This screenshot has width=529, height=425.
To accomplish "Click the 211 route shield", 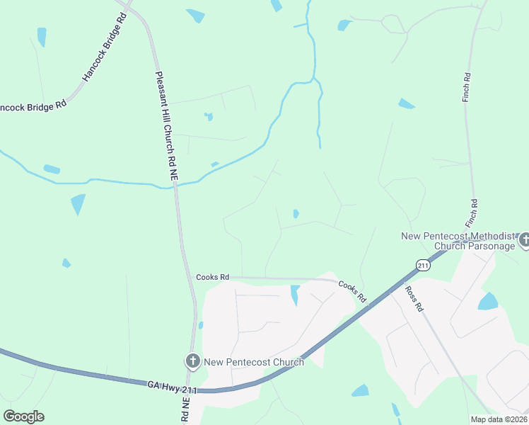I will coord(423,266).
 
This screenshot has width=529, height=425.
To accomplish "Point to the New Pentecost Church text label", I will coord(254,362).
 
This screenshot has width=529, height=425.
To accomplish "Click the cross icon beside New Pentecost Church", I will coord(192,362).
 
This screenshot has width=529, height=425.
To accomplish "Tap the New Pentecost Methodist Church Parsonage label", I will coord(455,241).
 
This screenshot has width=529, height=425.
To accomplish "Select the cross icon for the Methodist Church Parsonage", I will coord(524,241).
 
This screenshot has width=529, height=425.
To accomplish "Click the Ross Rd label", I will coord(414,298).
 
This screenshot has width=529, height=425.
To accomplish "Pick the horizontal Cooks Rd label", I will coord(213,278).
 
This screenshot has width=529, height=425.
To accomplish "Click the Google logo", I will coord(23,416).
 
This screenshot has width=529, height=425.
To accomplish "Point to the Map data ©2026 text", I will coord(499,419).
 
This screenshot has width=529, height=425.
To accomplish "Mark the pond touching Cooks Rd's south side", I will coord(294,293).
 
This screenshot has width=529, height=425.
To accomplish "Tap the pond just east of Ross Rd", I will coord(488,302).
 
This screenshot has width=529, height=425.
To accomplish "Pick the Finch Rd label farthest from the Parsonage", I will coord(467,86).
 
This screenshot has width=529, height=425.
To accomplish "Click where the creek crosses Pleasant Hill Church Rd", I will coord(174,186).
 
